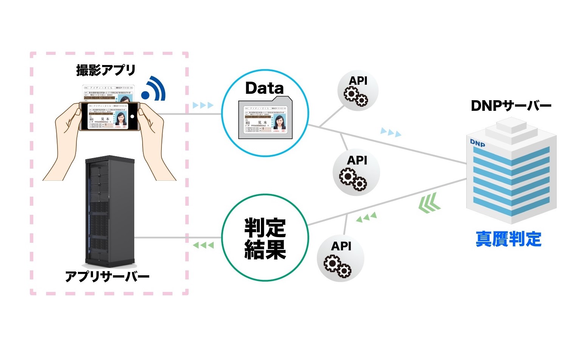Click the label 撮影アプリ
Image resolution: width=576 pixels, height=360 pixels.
tap(106, 70)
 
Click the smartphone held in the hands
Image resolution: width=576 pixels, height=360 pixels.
tap(109, 116)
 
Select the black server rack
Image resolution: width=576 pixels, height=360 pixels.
tap(109, 211)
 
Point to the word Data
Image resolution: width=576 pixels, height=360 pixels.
tap(264, 88)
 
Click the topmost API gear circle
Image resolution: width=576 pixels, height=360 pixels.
tap(357, 91)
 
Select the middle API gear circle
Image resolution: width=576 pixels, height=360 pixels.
tap(356, 172)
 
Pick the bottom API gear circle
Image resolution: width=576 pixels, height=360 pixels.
tap(340, 258)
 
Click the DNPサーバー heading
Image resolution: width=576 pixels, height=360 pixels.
tap(511, 106)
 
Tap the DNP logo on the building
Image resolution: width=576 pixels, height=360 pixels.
tap(477, 143)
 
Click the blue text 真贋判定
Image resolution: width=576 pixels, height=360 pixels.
tap(508, 239)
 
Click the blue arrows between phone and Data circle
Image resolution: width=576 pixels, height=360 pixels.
tap(203, 105)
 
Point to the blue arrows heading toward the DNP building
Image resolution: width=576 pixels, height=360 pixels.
tap(391, 132)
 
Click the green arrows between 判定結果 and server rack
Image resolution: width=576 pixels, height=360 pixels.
tap(203, 245)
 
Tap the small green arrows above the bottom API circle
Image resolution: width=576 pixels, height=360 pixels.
tap(366, 217)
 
